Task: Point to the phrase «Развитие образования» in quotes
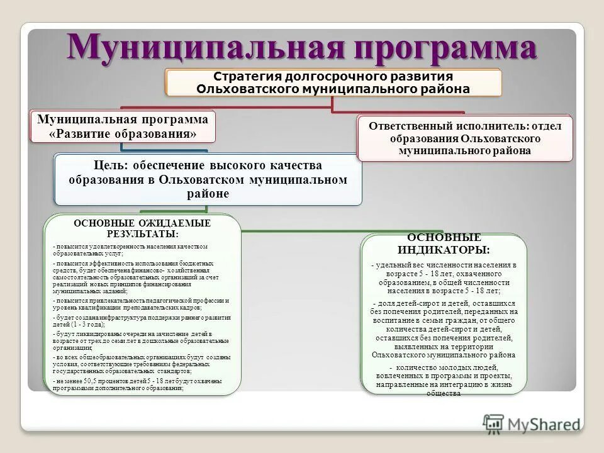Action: [x=123, y=134]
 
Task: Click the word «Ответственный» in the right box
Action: [x=412, y=125]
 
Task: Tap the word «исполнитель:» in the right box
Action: [x=490, y=125]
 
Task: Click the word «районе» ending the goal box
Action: [x=208, y=194]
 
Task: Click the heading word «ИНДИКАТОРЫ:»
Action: [x=444, y=250]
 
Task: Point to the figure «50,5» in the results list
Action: [x=91, y=381]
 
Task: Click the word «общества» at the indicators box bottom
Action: [x=444, y=393]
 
